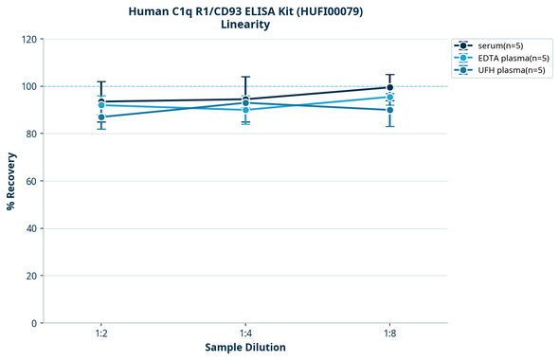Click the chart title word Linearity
tap(244, 25)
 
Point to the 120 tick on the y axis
tap(28, 40)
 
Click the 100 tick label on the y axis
tap(28, 87)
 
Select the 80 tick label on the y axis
tap(31, 135)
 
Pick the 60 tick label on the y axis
tap(31, 182)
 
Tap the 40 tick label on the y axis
tap(31, 229)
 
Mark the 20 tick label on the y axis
tap(31, 277)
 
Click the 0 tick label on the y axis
tap(34, 324)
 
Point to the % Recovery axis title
tap(10, 181)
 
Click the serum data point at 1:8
tap(389, 88)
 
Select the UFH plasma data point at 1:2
tap(100, 117)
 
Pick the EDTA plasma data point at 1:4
tap(245, 110)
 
